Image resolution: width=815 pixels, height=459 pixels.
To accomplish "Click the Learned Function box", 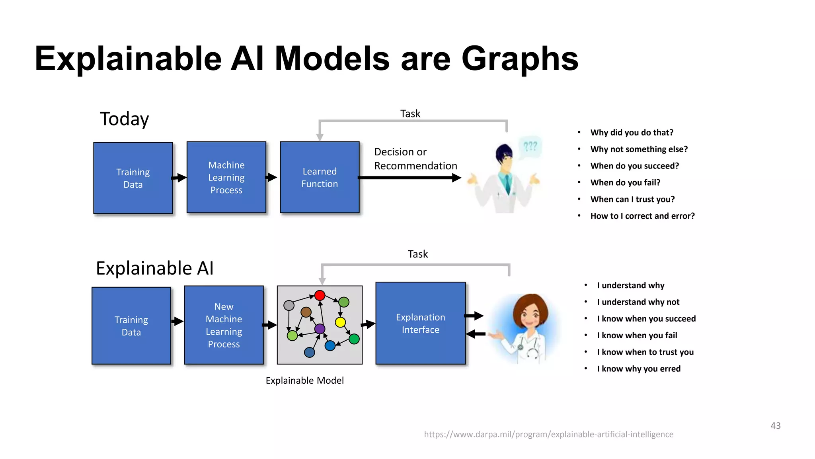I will point(320,177).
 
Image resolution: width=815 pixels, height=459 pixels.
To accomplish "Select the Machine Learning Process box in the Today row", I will point(226,177).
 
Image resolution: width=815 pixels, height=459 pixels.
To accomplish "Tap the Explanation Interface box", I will point(420,323).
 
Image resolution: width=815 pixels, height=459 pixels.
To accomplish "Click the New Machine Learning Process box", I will point(224,325).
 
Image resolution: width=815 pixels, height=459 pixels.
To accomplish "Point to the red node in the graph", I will point(320,295).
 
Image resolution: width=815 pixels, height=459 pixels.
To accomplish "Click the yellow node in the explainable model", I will point(340,322).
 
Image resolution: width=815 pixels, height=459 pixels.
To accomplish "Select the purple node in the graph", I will point(320,329).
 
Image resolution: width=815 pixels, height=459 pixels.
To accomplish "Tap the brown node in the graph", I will point(306,312).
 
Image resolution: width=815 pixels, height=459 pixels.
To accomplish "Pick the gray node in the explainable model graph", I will point(289,306).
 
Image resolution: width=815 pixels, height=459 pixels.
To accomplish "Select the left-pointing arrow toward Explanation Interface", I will point(475,334).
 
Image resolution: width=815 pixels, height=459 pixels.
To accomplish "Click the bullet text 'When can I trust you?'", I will point(632,199).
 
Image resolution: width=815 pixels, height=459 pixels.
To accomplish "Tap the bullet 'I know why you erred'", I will point(638,369).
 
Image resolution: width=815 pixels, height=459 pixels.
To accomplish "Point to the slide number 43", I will point(775,426).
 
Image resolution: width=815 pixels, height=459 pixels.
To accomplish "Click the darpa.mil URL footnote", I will point(548,434).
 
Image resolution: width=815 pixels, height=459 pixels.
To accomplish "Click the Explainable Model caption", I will point(304,381).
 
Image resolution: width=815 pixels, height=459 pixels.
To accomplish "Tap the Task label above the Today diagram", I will point(410,114).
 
